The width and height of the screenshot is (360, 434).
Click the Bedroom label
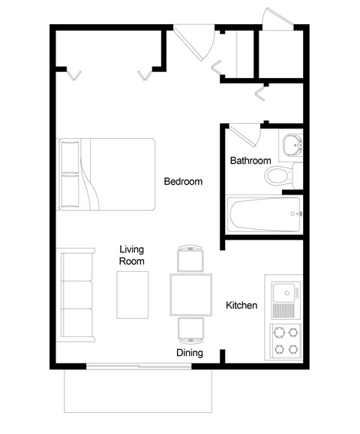(184, 182)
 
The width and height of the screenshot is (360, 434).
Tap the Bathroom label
(250, 161)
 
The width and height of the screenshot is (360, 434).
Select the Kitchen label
(241, 306)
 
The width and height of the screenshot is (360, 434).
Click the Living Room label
(132, 255)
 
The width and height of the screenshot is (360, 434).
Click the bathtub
(263, 215)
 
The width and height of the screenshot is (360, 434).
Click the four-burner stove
(285, 339)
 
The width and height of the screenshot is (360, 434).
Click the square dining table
(190, 294)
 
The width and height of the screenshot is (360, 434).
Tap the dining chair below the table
(190, 329)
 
